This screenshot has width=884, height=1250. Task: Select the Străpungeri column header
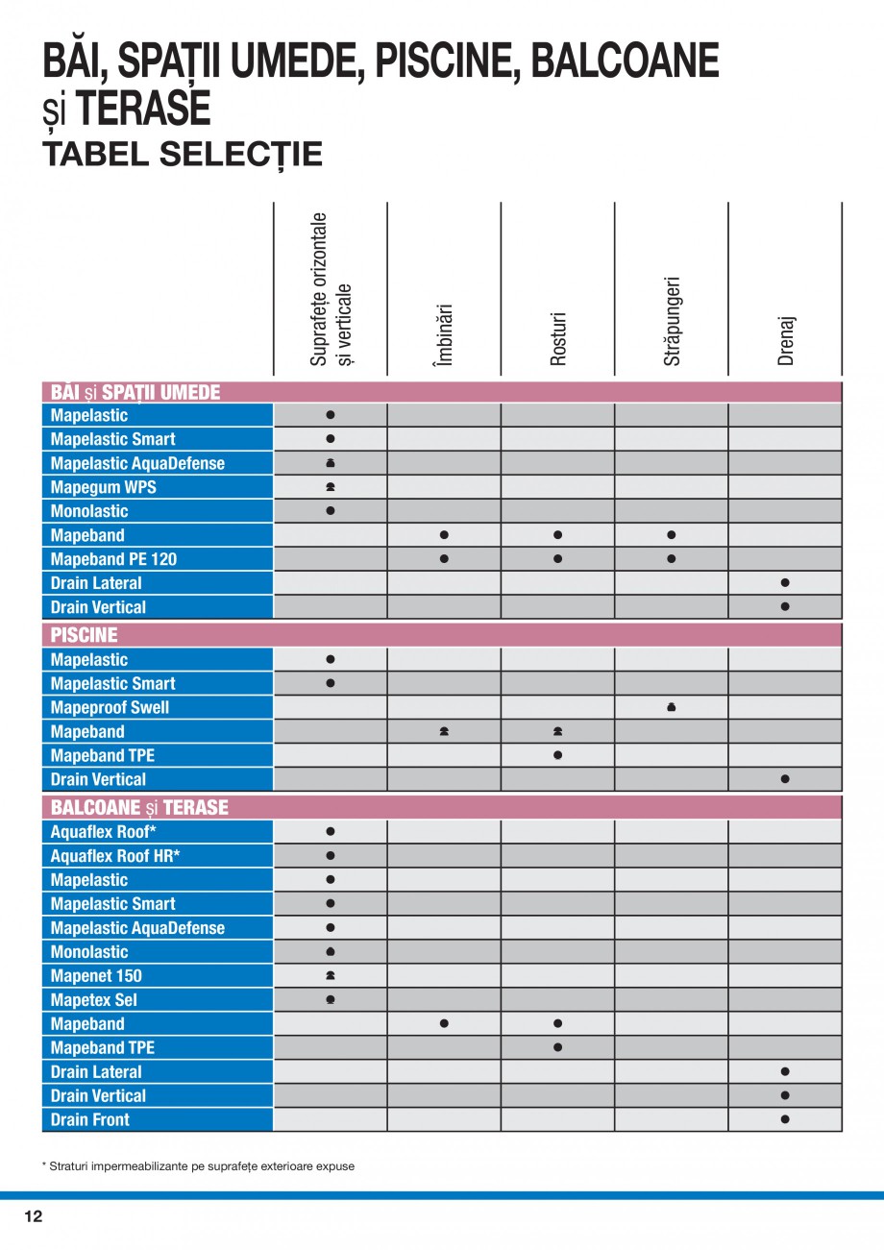672,321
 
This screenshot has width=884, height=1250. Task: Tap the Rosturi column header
558,337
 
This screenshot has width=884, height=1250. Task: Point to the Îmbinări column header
443,335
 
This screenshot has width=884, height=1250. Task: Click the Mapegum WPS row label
103,487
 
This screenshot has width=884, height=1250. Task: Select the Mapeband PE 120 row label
113,559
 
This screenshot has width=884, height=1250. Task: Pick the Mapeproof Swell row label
110,708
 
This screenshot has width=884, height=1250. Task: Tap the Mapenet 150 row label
96,976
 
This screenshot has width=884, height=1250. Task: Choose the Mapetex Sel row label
94,1000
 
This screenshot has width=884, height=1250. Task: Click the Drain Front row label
90,1120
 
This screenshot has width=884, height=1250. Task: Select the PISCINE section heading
85,635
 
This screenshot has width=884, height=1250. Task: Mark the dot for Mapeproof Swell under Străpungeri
672,708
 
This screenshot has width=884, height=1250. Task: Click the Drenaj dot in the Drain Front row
785,1119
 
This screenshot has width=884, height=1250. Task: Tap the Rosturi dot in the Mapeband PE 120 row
557,559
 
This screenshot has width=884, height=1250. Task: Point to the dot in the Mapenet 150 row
331,976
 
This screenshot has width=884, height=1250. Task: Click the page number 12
34,1216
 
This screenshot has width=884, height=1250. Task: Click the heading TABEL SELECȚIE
183,155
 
